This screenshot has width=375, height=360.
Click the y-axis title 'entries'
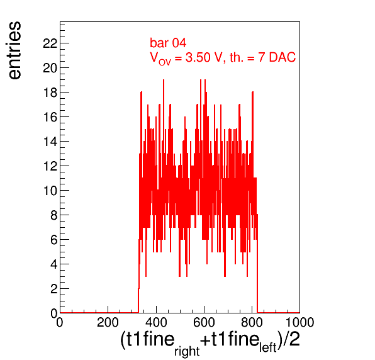click(x=15, y=50)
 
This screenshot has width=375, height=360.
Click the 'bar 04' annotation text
click(x=168, y=43)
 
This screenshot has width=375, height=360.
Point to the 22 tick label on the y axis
click(x=50, y=43)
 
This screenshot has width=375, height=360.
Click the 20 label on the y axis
click(x=50, y=68)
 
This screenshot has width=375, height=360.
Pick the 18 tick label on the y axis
click(x=50, y=93)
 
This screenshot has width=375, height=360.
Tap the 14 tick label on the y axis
click(x=50, y=142)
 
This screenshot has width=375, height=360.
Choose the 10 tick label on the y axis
click(x=50, y=191)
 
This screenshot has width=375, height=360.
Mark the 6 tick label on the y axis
click(x=54, y=240)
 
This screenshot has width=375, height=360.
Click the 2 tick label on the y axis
click(x=54, y=290)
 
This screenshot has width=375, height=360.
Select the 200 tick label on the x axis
click(x=108, y=322)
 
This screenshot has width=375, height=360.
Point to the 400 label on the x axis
click(x=156, y=322)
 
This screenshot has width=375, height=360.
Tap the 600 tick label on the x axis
click(x=204, y=322)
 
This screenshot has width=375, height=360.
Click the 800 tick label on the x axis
click(x=252, y=322)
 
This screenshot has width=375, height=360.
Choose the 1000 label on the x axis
click(x=300, y=322)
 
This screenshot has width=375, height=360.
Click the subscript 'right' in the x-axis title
click(x=187, y=351)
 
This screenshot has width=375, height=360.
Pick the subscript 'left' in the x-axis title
click(x=268, y=347)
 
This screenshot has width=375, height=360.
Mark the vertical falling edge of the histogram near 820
click(x=257, y=263)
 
